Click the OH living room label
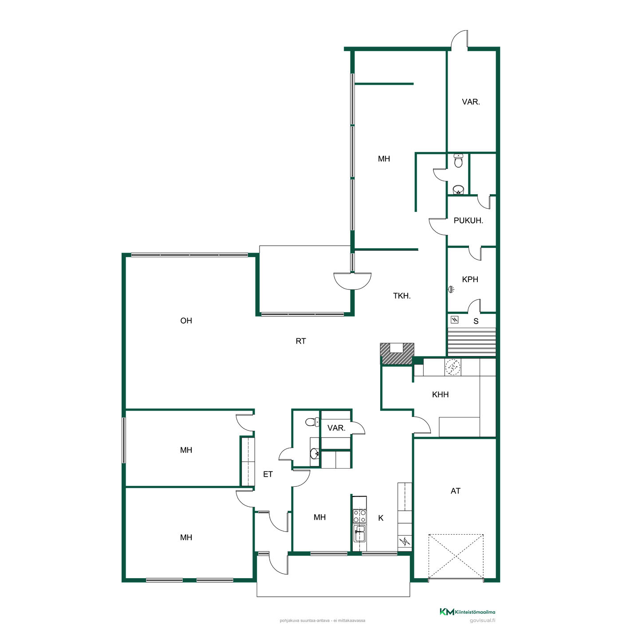pos(186,321)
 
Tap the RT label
pos(300,341)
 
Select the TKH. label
pos(402,296)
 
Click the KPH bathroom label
pos(470,279)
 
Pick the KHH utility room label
pos(440,394)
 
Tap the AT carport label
pos(455,491)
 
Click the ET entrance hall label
pos(268,474)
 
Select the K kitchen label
pos(381,518)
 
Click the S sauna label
pos(476,321)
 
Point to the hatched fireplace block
pos(397,354)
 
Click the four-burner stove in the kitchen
pos(359,516)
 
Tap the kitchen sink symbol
pos(359,534)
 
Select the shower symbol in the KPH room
pos(451,290)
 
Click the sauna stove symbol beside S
pos(455,319)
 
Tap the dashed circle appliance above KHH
pos(453,367)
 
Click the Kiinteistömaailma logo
pos(467,612)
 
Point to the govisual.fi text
pos(482,621)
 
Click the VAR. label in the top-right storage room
pos(471,102)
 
